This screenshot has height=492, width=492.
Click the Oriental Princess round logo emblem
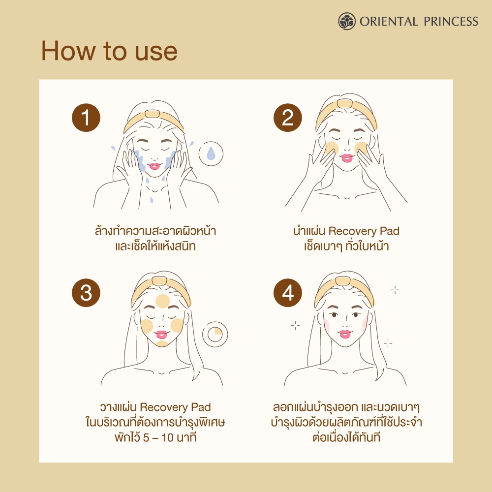(x=347, y=21)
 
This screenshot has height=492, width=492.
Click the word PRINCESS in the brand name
(x=451, y=21)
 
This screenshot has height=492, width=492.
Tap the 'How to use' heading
(x=109, y=51)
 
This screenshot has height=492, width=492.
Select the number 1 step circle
(x=86, y=118)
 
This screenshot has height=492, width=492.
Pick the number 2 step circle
(x=288, y=118)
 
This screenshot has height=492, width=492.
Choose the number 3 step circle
(x=86, y=293)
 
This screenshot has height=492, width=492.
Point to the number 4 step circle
(x=288, y=293)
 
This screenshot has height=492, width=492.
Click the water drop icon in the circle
(x=211, y=154)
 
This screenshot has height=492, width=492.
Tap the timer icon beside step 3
(x=215, y=334)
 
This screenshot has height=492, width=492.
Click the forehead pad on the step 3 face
(x=162, y=301)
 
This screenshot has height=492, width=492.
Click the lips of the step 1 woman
(x=154, y=166)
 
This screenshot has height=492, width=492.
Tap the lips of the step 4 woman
(x=344, y=334)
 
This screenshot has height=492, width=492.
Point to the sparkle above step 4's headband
(x=395, y=290)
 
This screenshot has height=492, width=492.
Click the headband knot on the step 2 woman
(x=345, y=103)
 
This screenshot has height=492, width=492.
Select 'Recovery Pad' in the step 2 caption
(x=364, y=231)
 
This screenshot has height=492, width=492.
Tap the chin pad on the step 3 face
(x=162, y=343)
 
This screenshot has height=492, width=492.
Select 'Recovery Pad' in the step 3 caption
(x=175, y=407)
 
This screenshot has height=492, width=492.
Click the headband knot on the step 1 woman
(x=153, y=114)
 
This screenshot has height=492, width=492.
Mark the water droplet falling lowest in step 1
(x=152, y=200)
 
